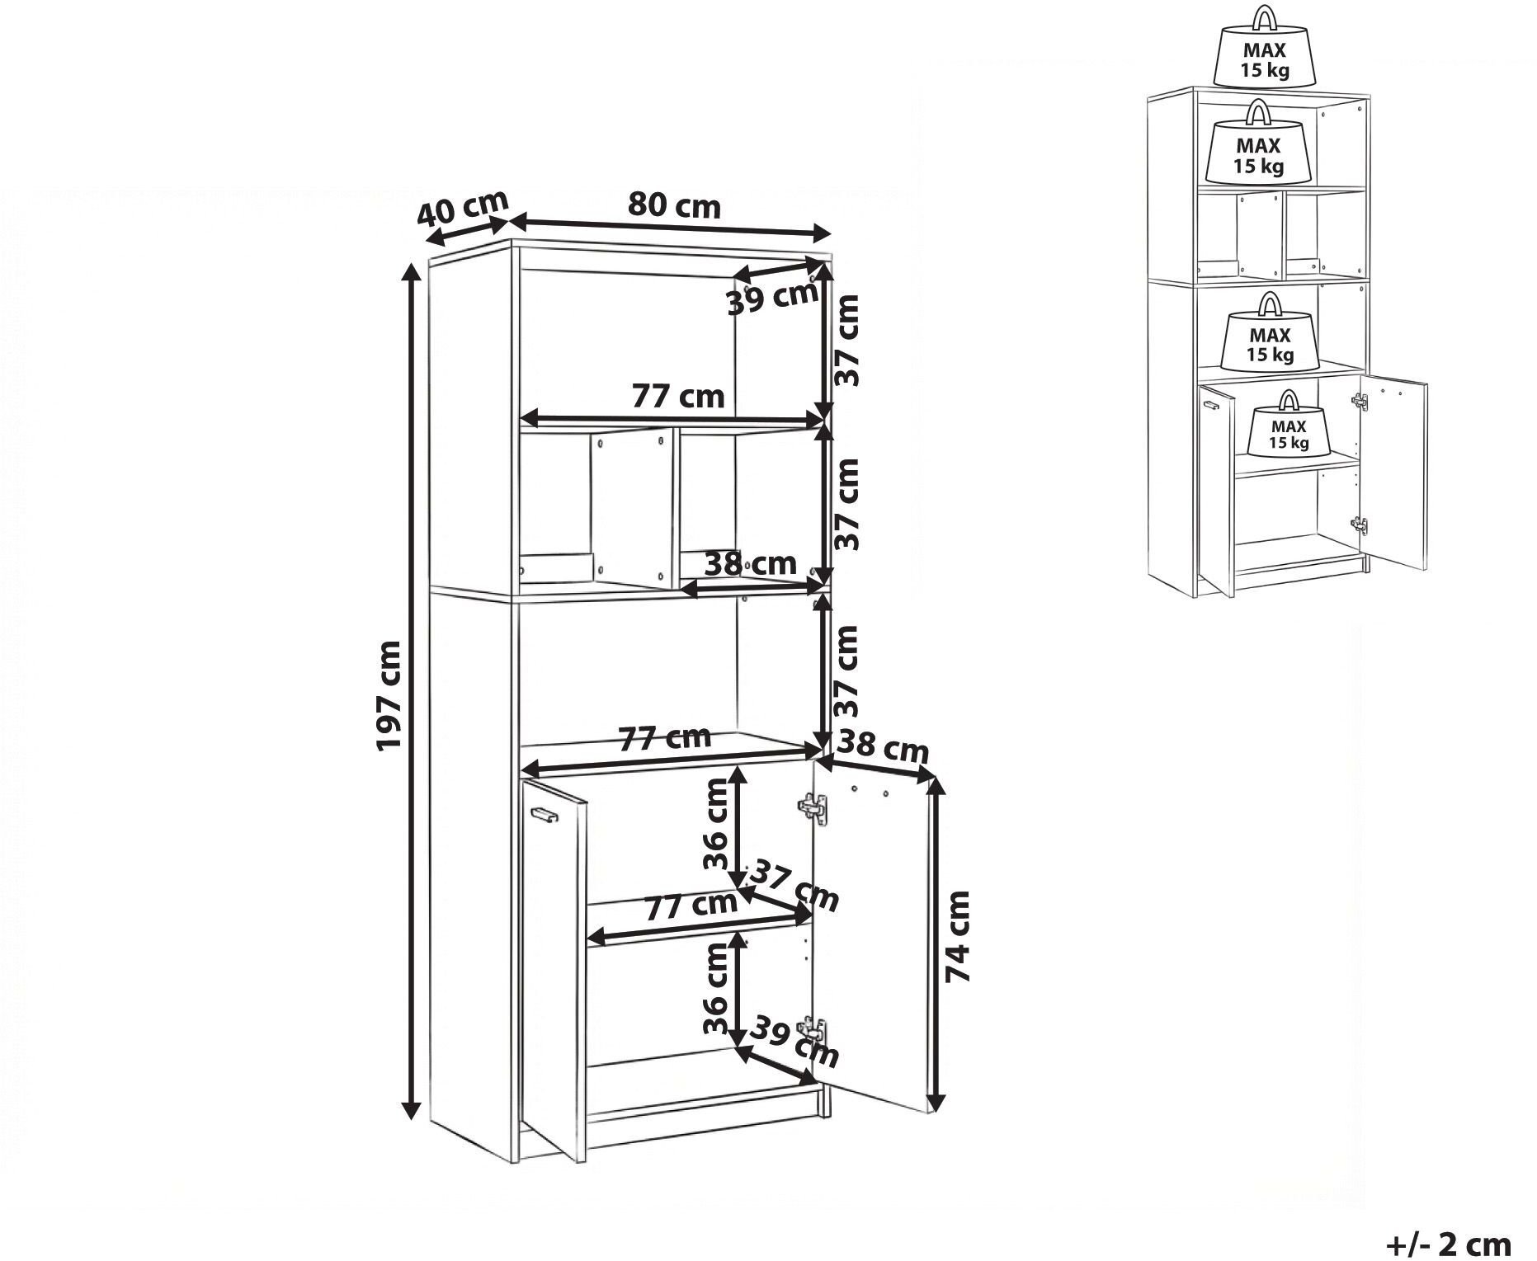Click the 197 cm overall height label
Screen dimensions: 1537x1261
pyautogui.click(x=389, y=695)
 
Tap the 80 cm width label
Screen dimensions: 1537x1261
pyautogui.click(x=673, y=206)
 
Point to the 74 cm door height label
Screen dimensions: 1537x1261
pyautogui.click(x=958, y=936)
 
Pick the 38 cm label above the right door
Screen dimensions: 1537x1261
pyautogui.click(x=882, y=747)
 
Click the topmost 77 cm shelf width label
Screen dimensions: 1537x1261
pyautogui.click(x=677, y=398)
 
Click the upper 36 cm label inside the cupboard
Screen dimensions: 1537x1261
pyautogui.click(x=716, y=826)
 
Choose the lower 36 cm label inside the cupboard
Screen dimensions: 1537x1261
pyautogui.click(x=716, y=990)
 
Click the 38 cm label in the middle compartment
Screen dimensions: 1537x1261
pyautogui.click(x=751, y=563)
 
